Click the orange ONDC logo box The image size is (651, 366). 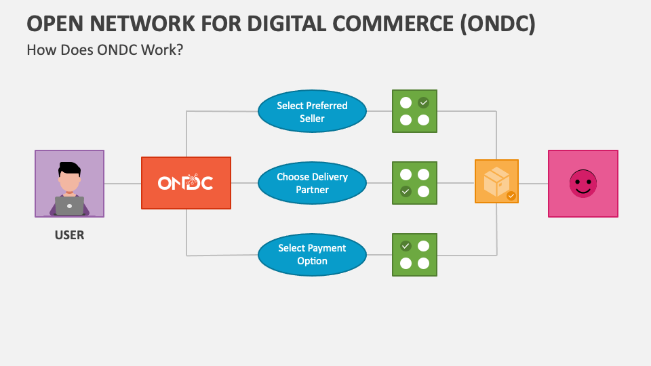186,183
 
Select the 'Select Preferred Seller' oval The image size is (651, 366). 312,112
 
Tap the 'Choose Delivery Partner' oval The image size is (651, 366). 312,183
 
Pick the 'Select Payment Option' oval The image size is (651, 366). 312,254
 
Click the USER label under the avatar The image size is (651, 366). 69,236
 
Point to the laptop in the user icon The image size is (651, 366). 69,205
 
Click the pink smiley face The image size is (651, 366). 583,184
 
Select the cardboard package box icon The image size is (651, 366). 496,180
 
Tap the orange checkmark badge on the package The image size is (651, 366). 511,196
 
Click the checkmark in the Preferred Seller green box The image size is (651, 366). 424,103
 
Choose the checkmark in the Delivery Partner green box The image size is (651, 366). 406,192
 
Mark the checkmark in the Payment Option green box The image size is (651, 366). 406,246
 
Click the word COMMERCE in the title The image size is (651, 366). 387,23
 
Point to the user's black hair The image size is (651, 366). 68,169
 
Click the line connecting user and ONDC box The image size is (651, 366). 123,183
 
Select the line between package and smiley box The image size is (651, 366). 533,183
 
